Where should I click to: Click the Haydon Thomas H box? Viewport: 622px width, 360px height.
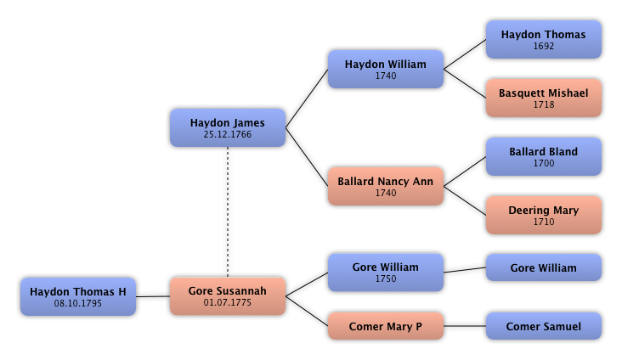click(x=78, y=296)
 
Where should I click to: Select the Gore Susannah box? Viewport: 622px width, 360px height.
click(x=228, y=296)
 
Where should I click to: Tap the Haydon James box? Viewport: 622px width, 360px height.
click(x=228, y=127)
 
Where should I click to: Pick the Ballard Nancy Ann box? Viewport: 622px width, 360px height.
click(x=386, y=186)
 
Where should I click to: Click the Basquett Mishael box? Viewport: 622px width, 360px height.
click(x=544, y=98)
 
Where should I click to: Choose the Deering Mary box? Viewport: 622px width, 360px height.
click(x=544, y=215)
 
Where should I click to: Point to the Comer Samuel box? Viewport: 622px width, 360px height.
click(x=544, y=326)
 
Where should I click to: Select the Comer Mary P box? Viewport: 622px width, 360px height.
click(x=386, y=326)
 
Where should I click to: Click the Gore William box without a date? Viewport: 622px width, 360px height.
click(x=544, y=267)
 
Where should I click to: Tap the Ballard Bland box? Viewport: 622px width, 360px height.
click(x=544, y=156)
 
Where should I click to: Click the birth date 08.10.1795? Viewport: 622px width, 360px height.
click(x=78, y=303)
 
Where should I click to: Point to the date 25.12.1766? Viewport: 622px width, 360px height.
click(x=228, y=134)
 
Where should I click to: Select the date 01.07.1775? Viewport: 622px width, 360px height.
click(x=228, y=302)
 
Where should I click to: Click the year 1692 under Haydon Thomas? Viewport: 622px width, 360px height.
click(x=544, y=46)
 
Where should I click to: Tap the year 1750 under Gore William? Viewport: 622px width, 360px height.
click(x=386, y=278)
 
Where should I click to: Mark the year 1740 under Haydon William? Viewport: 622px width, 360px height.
click(x=386, y=76)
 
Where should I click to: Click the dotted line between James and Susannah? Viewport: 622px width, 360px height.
click(x=228, y=211)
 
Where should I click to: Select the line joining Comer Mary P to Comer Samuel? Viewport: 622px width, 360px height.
click(x=465, y=326)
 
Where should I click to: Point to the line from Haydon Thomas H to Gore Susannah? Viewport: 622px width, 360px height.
click(x=153, y=296)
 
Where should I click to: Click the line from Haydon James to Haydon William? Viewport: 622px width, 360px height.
click(x=307, y=98)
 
